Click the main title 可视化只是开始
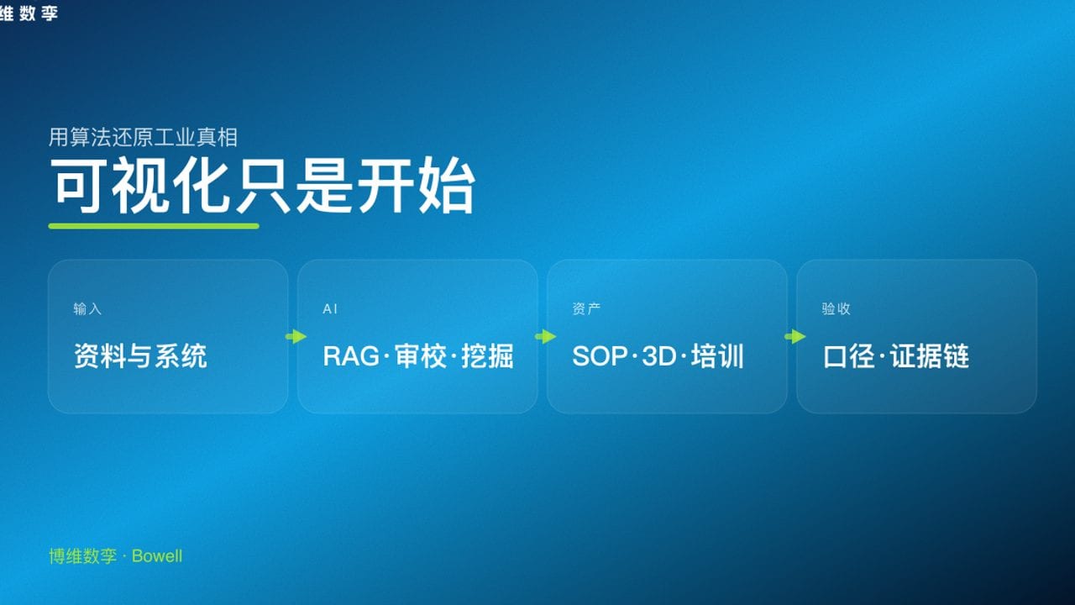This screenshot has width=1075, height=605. click(263, 186)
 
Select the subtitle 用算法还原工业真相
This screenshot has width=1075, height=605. click(143, 137)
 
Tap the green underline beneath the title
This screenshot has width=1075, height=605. click(154, 226)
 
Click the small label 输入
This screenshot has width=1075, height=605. click(87, 309)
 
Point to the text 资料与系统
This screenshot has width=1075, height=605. click(140, 356)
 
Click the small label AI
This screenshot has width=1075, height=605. click(330, 309)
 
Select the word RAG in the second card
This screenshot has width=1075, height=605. click(351, 356)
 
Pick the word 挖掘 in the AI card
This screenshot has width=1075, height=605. click(488, 356)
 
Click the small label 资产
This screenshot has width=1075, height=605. click(586, 309)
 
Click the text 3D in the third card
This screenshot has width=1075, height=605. click(659, 356)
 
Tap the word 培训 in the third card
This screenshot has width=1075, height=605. click(718, 356)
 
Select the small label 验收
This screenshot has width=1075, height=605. click(836, 309)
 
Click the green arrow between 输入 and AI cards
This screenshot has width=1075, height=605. click(296, 337)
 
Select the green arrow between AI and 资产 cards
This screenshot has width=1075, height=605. click(545, 337)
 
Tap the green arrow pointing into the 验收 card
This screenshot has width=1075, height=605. click(794, 337)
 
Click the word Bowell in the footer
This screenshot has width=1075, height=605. click(157, 556)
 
